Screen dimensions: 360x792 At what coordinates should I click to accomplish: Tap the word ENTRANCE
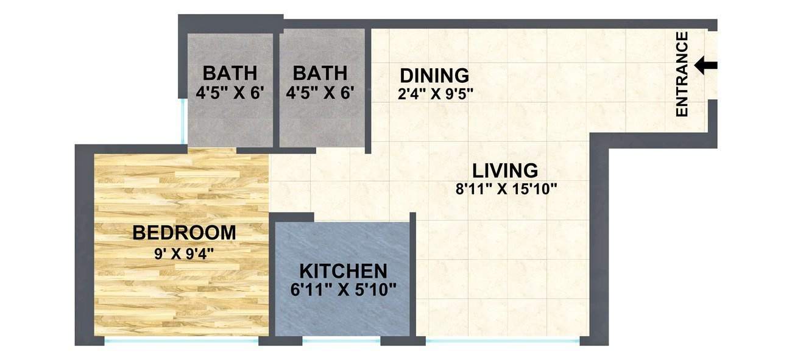(x=682, y=74)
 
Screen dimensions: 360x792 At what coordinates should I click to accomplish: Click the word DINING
(x=434, y=76)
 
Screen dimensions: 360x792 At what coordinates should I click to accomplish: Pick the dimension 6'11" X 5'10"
(x=344, y=289)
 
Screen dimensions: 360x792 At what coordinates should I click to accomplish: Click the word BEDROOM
(x=184, y=233)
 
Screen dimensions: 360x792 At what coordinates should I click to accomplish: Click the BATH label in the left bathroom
(x=230, y=74)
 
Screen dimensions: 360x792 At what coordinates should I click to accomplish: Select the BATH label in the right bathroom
(x=320, y=74)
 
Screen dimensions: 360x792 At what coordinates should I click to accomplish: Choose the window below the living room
(x=502, y=340)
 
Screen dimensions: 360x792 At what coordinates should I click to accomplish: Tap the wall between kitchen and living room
(x=412, y=274)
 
